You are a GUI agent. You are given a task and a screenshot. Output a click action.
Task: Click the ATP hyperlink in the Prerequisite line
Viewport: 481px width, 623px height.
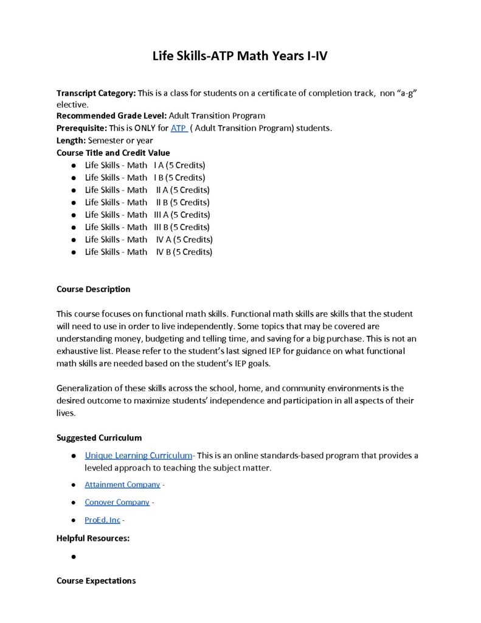[178, 128]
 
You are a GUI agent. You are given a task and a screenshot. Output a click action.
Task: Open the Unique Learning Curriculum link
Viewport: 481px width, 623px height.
[138, 455]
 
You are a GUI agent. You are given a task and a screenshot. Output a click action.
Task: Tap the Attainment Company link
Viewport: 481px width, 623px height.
[122, 484]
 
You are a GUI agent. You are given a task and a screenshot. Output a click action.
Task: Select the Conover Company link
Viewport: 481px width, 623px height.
[117, 502]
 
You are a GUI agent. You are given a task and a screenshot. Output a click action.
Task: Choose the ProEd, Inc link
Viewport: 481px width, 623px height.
[102, 520]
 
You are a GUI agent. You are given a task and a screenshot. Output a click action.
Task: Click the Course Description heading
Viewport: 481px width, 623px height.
[93, 289]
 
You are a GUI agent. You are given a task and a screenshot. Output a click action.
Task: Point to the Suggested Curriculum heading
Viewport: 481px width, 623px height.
[99, 437]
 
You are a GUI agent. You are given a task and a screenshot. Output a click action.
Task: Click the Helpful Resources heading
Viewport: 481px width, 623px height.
[93, 538]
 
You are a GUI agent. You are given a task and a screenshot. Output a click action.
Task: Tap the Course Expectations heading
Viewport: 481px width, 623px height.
[96, 580]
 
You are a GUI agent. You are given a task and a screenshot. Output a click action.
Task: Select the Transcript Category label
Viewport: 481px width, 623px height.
[96, 93]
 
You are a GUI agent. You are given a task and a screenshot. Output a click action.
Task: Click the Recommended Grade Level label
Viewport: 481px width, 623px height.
[111, 115]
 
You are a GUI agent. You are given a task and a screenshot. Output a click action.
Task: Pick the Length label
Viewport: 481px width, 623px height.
[71, 140]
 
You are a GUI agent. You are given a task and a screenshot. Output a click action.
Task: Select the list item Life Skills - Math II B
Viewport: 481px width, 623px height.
[147, 202]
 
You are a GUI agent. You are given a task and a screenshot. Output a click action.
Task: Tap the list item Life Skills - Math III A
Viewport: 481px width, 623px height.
[147, 214]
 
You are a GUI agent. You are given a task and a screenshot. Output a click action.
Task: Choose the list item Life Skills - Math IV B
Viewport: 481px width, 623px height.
[148, 251]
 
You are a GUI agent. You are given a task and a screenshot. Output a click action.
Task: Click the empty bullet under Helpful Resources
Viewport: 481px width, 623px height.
[73, 557]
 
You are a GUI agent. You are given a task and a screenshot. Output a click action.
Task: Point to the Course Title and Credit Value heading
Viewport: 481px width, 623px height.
[113, 153]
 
